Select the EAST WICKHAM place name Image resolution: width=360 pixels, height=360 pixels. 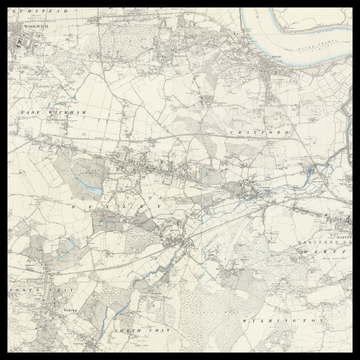click(54, 113)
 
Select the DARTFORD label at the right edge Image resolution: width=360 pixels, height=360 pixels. click(340, 250)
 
